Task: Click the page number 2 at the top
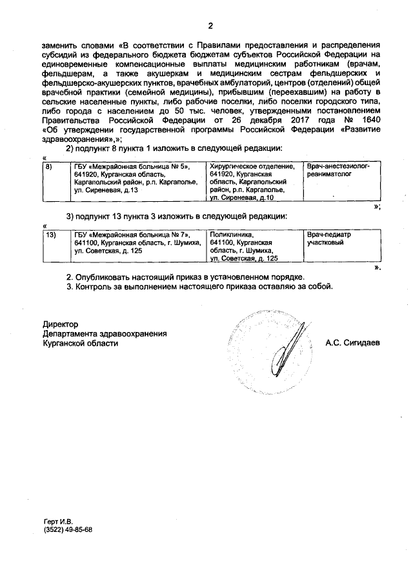click(x=210, y=25)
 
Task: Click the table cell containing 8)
click(x=55, y=178)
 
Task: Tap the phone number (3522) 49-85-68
click(x=68, y=529)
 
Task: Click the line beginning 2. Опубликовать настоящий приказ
click(x=185, y=277)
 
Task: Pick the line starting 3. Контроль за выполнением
click(x=200, y=287)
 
